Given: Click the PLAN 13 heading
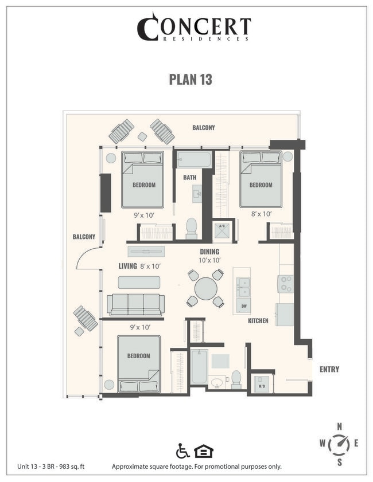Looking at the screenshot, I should click(x=191, y=80).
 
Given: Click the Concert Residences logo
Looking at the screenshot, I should click(x=193, y=27).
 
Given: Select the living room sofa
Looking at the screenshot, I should click(x=135, y=304).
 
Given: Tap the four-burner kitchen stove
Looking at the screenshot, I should click(x=285, y=284).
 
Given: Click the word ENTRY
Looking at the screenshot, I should click(x=329, y=370).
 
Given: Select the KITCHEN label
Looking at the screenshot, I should click(x=258, y=321).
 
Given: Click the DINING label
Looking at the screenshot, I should click(x=209, y=252).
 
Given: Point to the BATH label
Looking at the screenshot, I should click(x=189, y=178).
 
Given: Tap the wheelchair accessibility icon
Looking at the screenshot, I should click(x=182, y=451).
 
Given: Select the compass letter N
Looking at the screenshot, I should click(x=340, y=426).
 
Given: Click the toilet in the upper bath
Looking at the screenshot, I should click(x=191, y=228).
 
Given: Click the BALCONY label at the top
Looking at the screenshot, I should click(x=203, y=128).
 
